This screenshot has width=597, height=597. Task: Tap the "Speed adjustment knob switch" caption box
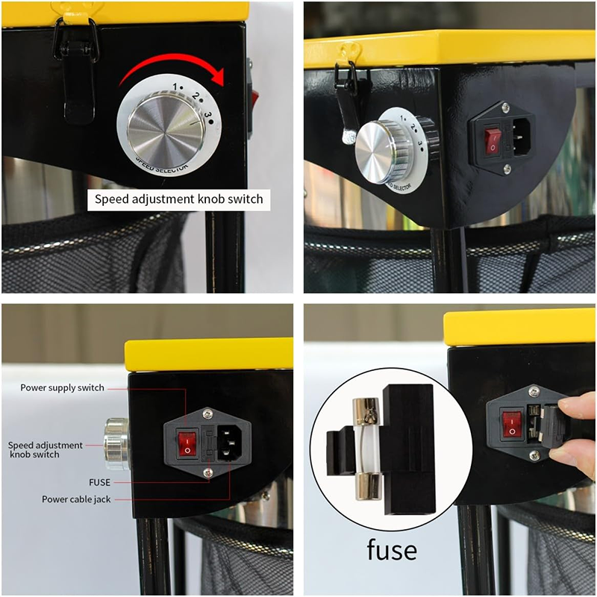pos(178,199)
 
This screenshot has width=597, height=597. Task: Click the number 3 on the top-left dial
pos(207,116)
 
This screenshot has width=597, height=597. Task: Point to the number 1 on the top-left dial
pos(175,87)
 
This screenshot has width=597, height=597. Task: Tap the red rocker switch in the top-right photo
pos(493,142)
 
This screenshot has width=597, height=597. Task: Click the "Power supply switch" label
pos(62,387)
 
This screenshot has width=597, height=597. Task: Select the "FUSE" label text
pos(99,482)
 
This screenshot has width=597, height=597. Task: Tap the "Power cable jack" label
pos(76,499)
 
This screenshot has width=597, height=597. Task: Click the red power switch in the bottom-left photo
pos(187,443)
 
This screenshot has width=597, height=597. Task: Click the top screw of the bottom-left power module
pos(207,413)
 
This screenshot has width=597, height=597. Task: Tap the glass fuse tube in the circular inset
pos(367,448)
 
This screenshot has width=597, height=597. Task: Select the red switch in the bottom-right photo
pos(511,425)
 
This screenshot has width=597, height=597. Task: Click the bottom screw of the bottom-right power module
pos(534,454)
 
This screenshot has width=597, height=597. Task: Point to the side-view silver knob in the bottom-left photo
pos(117,444)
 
